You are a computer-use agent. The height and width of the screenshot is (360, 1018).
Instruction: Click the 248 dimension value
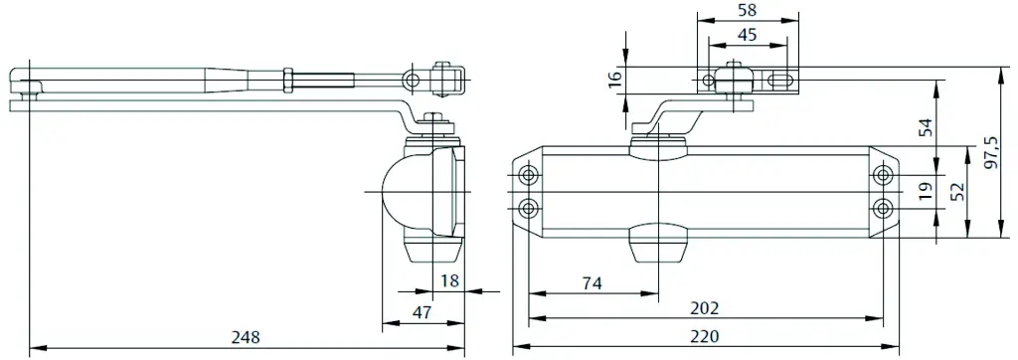click(246, 337)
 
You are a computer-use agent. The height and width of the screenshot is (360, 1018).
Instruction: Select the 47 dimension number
click(422, 312)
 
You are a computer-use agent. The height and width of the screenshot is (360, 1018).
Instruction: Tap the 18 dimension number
click(449, 280)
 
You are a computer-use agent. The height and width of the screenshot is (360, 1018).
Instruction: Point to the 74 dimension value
click(593, 283)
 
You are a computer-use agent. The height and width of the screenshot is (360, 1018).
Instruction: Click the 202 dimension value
click(705, 308)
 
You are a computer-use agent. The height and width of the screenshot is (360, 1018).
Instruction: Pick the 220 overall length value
click(705, 336)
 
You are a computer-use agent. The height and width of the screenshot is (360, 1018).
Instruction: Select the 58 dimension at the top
click(748, 10)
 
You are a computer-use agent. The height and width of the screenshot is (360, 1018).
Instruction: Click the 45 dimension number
click(748, 35)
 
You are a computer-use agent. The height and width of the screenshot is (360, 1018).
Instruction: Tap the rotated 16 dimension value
click(615, 79)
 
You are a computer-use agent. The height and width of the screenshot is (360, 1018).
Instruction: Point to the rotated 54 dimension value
click(927, 127)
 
